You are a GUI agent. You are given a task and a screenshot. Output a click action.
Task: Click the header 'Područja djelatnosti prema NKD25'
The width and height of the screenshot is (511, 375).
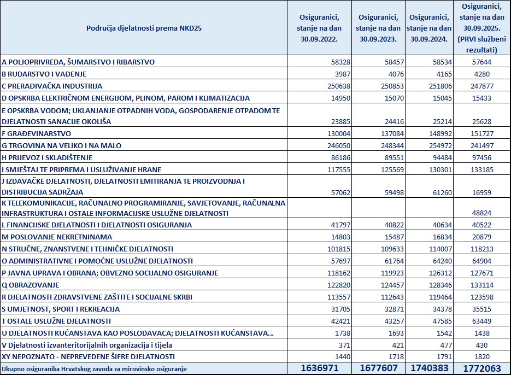point(144,27)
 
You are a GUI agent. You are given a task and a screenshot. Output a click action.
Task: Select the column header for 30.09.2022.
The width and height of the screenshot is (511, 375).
point(318,27)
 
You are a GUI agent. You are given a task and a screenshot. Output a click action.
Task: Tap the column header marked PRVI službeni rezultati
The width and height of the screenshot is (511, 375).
point(481,27)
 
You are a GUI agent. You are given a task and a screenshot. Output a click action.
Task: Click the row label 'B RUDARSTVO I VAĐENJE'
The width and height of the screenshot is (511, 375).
point(44,74)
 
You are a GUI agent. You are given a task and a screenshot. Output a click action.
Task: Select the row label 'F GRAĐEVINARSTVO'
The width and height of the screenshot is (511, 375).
point(36,134)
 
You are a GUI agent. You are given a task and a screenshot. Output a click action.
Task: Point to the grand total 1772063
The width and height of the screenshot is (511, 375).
point(481,369)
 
